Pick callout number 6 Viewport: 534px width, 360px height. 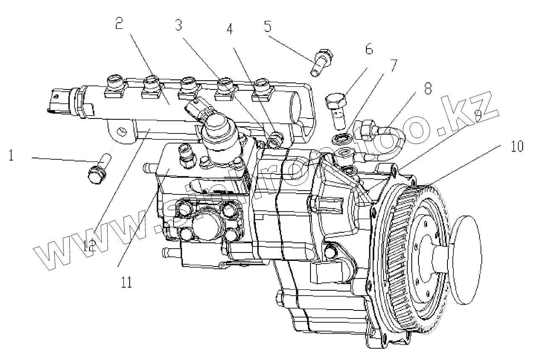[368, 49]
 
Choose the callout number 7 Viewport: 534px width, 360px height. [393, 66]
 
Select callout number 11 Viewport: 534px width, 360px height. [126, 281]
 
